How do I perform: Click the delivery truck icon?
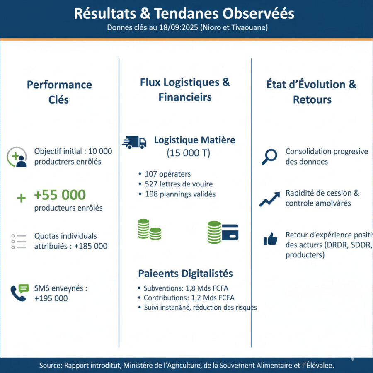coord(134,142)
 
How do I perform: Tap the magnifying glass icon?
coord(269,157)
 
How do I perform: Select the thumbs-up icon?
coord(270,239)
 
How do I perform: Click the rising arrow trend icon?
coord(269,199)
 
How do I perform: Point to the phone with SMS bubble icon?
coord(19,293)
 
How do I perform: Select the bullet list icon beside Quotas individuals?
coord(19,241)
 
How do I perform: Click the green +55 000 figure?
coord(60,195)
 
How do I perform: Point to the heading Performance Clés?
coord(59,92)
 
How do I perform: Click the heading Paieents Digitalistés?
coord(185,274)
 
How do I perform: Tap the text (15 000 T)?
coord(189,153)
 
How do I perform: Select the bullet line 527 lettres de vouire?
coord(177,184)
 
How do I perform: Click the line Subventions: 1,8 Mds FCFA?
coord(186,288)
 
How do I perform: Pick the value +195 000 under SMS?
coord(51,298)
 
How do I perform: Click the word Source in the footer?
coord(51,365)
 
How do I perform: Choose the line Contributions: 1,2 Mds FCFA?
coord(189,298)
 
